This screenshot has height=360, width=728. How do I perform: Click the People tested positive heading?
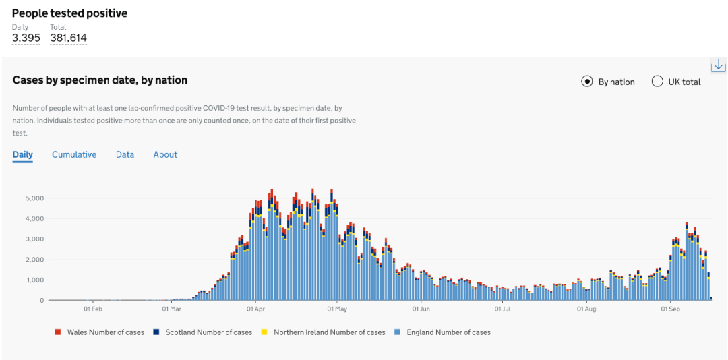click(69, 13)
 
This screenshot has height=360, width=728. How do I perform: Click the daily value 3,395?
click(26, 38)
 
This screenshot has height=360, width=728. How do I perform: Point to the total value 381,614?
click(68, 38)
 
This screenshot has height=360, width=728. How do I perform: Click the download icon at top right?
click(718, 65)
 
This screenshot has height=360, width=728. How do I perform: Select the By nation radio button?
click(586, 82)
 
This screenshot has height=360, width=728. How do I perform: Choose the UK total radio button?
click(657, 82)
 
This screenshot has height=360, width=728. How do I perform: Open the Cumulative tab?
click(74, 154)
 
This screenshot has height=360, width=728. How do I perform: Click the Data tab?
click(125, 154)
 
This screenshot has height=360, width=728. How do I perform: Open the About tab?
click(165, 154)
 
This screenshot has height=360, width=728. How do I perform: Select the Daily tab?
click(22, 154)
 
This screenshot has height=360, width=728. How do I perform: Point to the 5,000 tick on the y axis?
click(35, 198)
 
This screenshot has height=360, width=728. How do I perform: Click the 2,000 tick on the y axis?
click(35, 260)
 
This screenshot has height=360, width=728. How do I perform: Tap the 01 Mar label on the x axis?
click(171, 309)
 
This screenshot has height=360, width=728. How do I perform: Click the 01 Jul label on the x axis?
click(502, 309)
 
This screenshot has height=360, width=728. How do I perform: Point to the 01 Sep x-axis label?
click(669, 309)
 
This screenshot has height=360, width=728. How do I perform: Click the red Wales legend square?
click(58, 332)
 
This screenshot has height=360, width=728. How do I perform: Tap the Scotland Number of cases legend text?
click(208, 332)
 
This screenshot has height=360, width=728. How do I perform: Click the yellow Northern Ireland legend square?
click(264, 332)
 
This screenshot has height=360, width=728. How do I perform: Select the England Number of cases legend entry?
click(448, 332)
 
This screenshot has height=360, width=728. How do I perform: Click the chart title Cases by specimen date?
click(100, 80)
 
